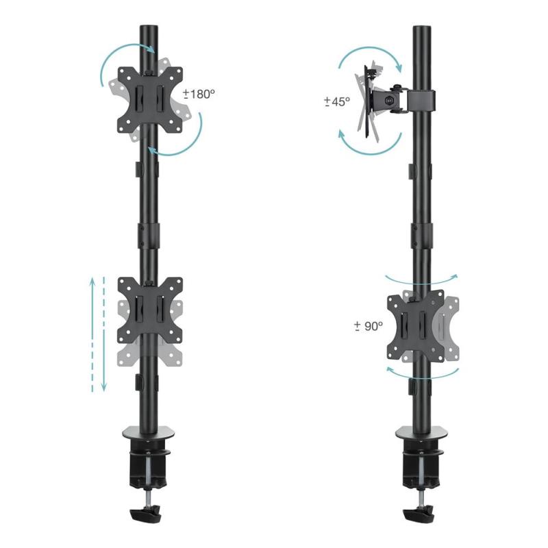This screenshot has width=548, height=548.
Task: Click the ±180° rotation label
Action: [199, 94]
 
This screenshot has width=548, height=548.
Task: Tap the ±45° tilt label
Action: [337, 101]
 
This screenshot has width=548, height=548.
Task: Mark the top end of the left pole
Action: [149, 31]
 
